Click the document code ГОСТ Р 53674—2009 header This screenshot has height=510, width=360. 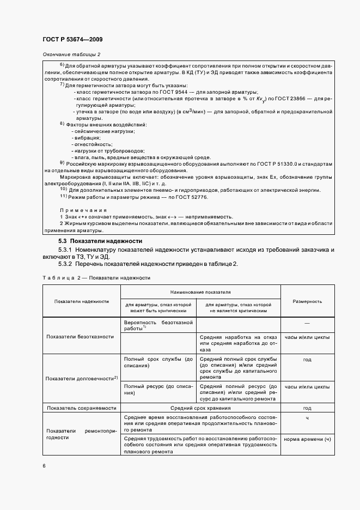click(x=72, y=39)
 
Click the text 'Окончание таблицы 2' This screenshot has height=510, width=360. click(x=72, y=55)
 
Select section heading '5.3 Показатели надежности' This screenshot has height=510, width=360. click(x=100, y=240)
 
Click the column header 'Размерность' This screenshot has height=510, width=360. click(x=307, y=301)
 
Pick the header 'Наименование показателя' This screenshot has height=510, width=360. click(x=200, y=292)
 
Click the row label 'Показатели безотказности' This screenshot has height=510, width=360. click(x=81, y=337)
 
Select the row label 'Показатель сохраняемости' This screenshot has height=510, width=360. click(x=81, y=408)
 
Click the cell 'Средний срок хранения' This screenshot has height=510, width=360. click(x=201, y=408)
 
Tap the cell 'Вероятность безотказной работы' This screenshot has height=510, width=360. click(x=158, y=326)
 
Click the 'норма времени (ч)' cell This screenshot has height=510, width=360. click(x=307, y=440)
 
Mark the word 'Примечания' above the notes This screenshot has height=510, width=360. click(x=83, y=210)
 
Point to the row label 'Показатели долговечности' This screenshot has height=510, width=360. click(x=81, y=378)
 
